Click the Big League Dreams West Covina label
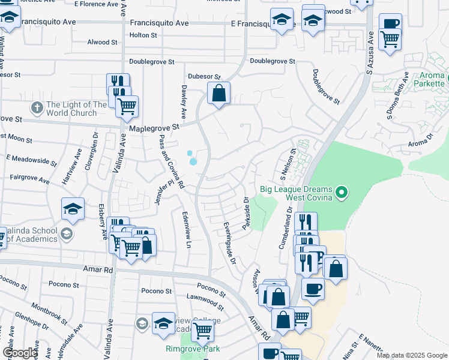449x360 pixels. (297, 193)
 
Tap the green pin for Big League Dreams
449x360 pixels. (342, 193)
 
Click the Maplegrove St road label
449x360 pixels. (154, 128)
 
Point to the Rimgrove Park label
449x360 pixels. (193, 349)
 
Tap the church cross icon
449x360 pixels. (37, 109)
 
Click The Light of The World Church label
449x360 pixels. (71, 109)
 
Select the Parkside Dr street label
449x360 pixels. (246, 214)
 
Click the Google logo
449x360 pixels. (20, 353)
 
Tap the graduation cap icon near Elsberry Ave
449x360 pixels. (73, 209)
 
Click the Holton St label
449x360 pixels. (143, 35)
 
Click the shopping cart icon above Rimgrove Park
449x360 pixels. (203, 329)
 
